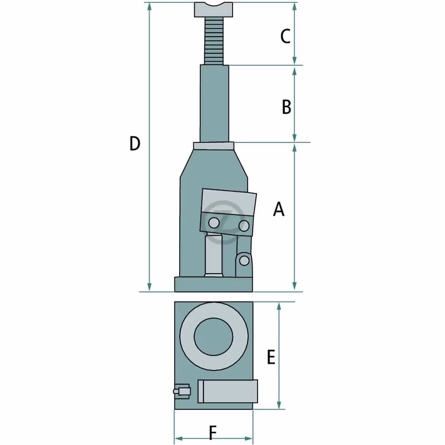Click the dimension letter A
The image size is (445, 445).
click(x=279, y=209)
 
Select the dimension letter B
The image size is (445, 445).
click(x=286, y=107)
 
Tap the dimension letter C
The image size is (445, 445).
click(x=285, y=36)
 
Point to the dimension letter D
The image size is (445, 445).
click(x=135, y=144)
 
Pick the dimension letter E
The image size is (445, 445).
click(x=271, y=357)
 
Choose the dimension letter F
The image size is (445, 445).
click(x=213, y=433)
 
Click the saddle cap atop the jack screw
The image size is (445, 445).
click(x=214, y=9)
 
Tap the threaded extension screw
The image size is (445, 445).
click(x=214, y=41)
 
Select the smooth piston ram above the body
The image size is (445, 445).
click(x=214, y=103)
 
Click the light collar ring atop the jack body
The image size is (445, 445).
click(x=214, y=146)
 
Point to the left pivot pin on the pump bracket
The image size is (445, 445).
click(x=214, y=223)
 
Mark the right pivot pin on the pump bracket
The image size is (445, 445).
click(x=244, y=226)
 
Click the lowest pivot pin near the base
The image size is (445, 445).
click(x=244, y=260)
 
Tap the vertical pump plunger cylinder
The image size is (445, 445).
click(x=214, y=255)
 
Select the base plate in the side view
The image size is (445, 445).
click(x=214, y=284)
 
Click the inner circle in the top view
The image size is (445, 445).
click(x=214, y=337)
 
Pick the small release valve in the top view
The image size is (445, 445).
click(x=182, y=392)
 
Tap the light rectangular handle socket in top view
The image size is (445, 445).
click(x=228, y=391)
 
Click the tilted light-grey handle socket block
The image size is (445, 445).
click(x=229, y=202)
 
